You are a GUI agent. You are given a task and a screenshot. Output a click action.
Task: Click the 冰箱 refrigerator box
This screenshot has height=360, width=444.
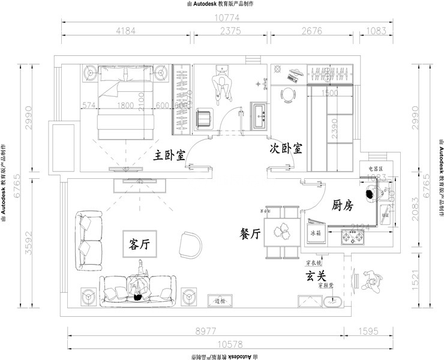316,232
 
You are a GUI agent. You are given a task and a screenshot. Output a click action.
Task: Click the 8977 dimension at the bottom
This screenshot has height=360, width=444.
206,331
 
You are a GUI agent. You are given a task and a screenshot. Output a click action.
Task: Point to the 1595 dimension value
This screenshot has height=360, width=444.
370,331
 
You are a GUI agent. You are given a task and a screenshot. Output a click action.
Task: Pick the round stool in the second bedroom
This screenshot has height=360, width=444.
289,94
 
